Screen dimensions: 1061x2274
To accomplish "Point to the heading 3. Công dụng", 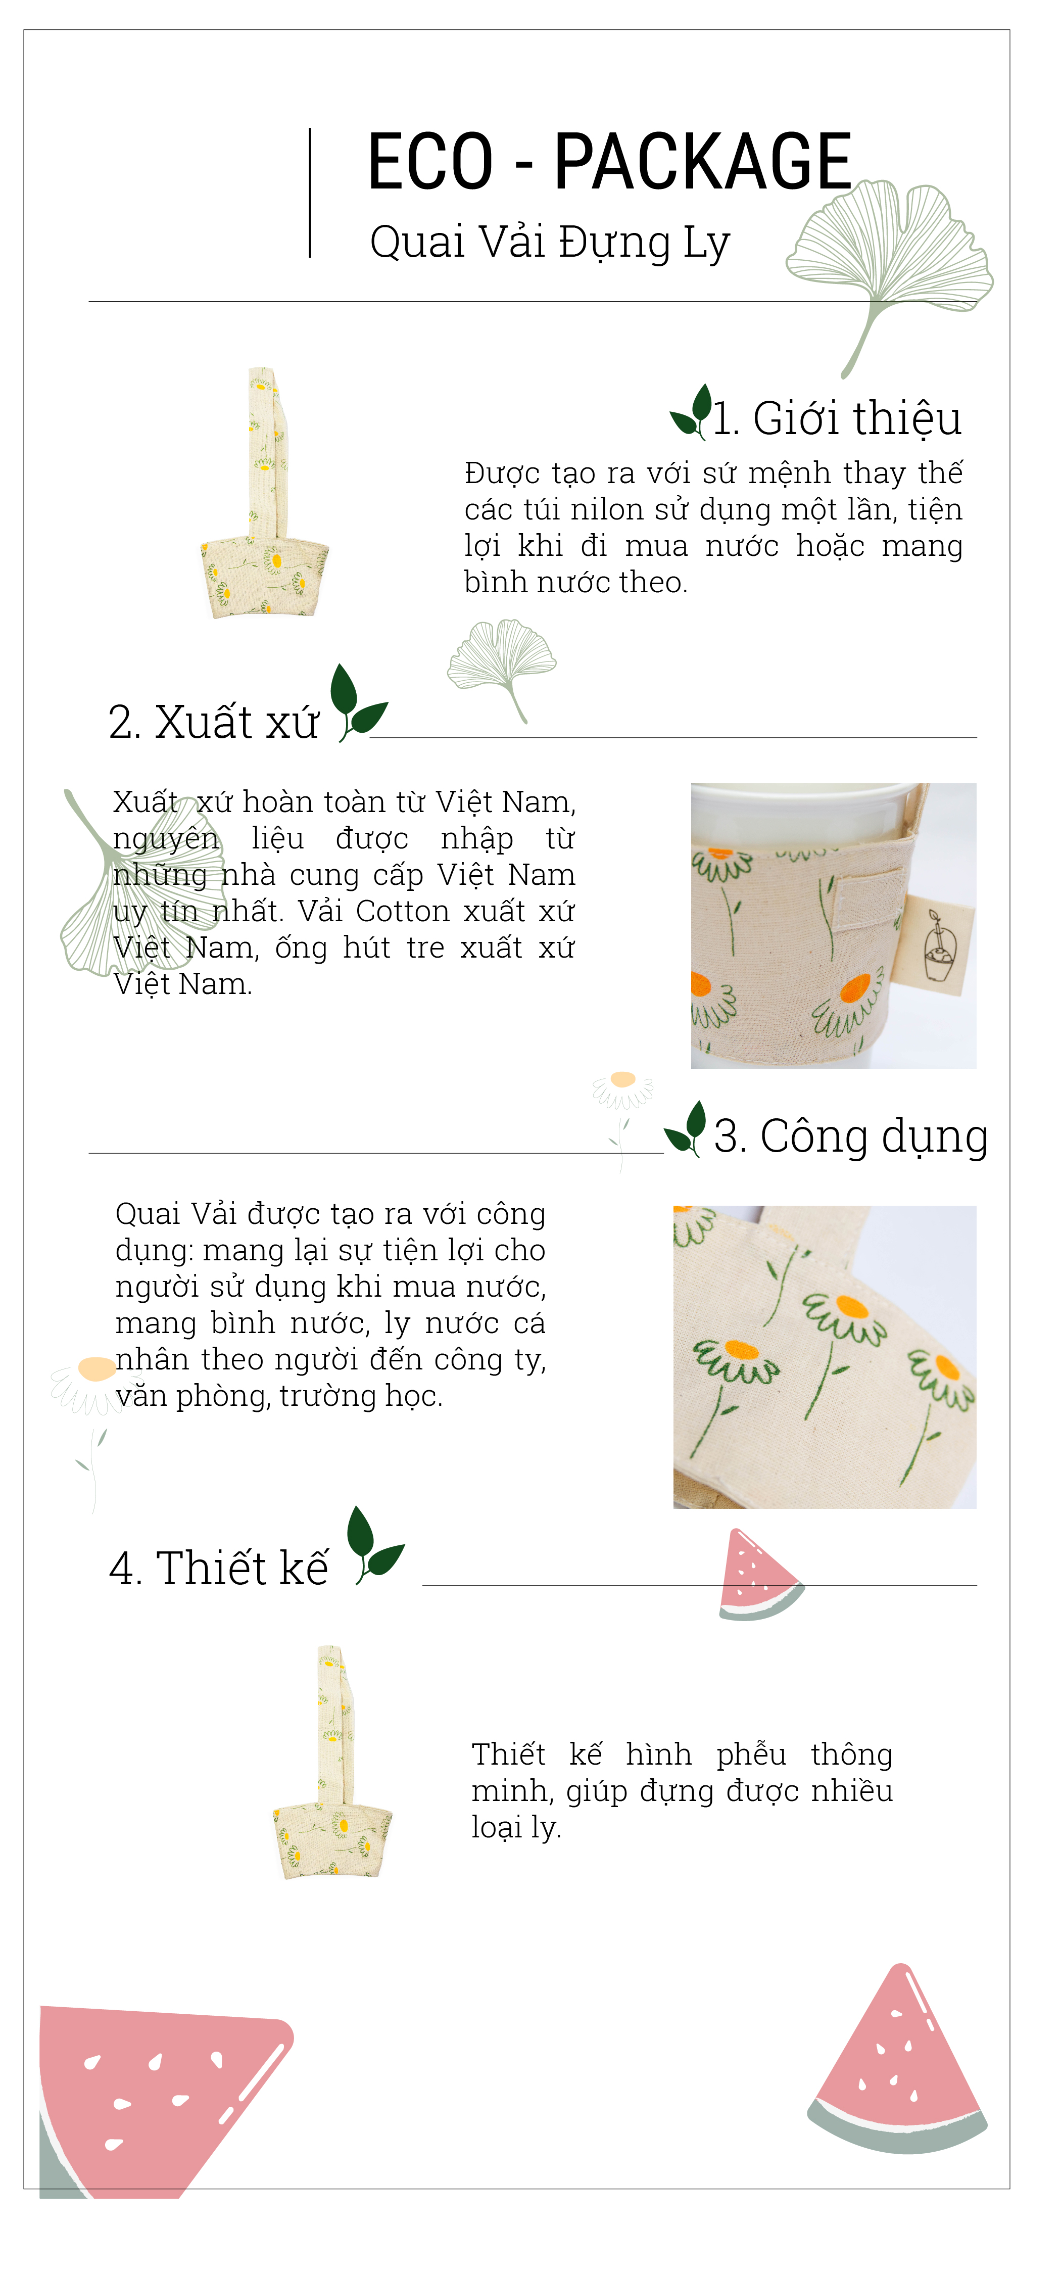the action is point(851,1136).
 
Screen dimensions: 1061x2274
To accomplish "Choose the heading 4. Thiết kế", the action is point(218,1569).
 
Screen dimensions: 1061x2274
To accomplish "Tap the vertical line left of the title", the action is point(310,193).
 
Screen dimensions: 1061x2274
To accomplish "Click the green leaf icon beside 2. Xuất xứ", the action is point(357,703).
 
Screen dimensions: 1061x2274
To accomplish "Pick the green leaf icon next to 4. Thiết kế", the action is point(373,1546).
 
